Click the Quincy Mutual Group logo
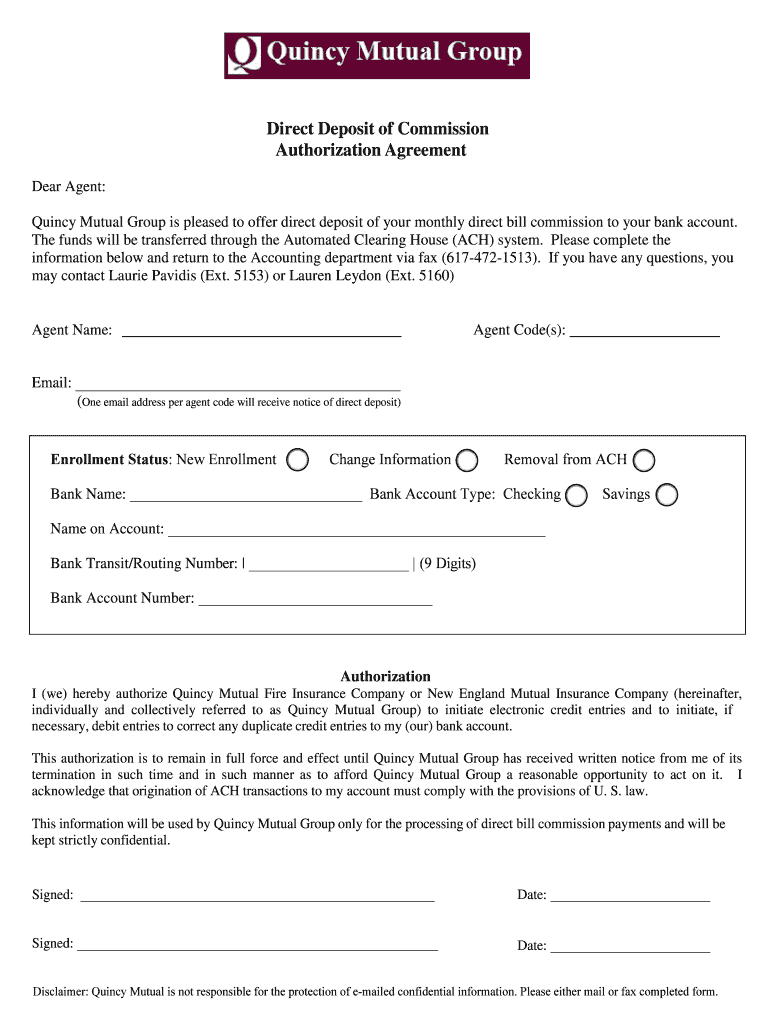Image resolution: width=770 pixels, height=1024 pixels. pyautogui.click(x=376, y=55)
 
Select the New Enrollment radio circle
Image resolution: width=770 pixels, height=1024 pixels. pyautogui.click(x=297, y=460)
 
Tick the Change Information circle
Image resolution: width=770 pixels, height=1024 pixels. pyautogui.click(x=466, y=461)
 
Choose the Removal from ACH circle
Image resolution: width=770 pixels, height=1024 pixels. pyautogui.click(x=644, y=461)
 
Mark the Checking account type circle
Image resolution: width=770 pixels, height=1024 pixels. pyautogui.click(x=576, y=495)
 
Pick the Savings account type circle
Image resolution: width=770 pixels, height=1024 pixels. pyautogui.click(x=666, y=495)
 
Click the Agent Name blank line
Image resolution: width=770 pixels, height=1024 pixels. pyautogui.click(x=261, y=331)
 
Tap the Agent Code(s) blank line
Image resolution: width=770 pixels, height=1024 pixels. pyautogui.click(x=644, y=331)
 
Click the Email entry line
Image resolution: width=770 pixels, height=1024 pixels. pyautogui.click(x=238, y=383)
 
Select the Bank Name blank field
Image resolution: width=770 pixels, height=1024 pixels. pyautogui.click(x=246, y=494)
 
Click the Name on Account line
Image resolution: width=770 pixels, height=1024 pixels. pyautogui.click(x=356, y=529)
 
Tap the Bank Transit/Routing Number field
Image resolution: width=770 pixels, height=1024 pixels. pyautogui.click(x=329, y=564)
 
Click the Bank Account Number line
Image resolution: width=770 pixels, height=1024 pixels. pyautogui.click(x=316, y=599)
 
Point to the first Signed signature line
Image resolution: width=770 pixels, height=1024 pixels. pyautogui.click(x=257, y=895)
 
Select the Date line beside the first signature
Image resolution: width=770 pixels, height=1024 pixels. pyautogui.click(x=630, y=895)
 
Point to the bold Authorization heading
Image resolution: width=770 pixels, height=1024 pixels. pyautogui.click(x=385, y=677)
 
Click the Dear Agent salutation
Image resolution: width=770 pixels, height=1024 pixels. pyautogui.click(x=69, y=188)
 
